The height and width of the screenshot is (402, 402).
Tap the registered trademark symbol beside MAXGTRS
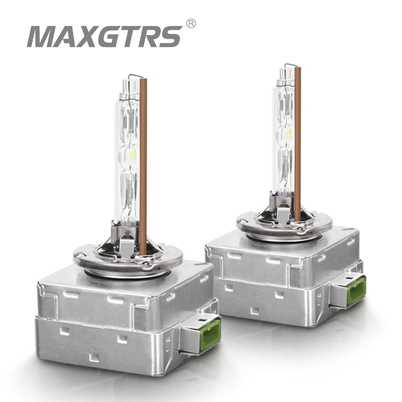pyautogui.click(x=190, y=23)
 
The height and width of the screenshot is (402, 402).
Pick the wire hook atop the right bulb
pyautogui.click(x=290, y=65)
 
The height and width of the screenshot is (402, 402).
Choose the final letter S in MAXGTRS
pyautogui.click(x=171, y=37)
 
